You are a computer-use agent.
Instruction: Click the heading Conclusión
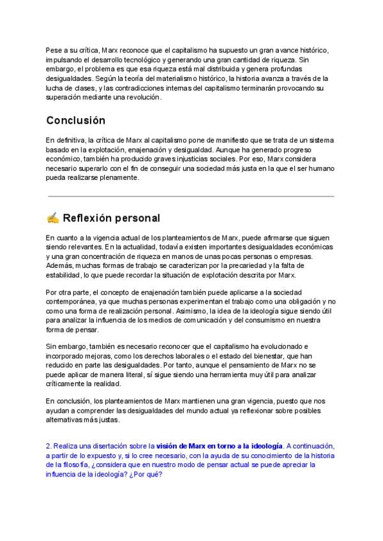pos(76,121)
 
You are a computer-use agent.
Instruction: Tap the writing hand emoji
pos(53,218)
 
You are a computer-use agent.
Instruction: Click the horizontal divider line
pos(190,196)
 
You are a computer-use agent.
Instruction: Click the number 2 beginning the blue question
pos(49,446)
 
